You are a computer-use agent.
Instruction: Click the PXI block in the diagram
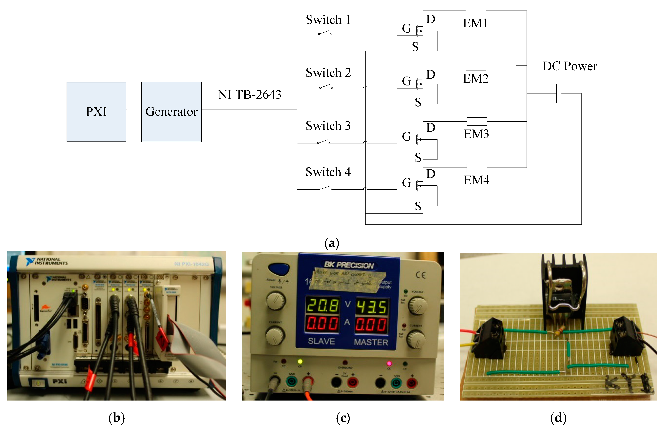tap(96, 112)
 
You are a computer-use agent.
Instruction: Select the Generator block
tap(171, 112)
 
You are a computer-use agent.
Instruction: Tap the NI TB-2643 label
tap(249, 95)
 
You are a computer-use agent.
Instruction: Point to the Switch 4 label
tap(328, 172)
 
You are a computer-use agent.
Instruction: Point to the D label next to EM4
tap(430, 174)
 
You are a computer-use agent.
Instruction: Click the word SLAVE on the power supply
tap(321, 341)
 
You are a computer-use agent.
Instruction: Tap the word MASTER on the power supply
tap(371, 342)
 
